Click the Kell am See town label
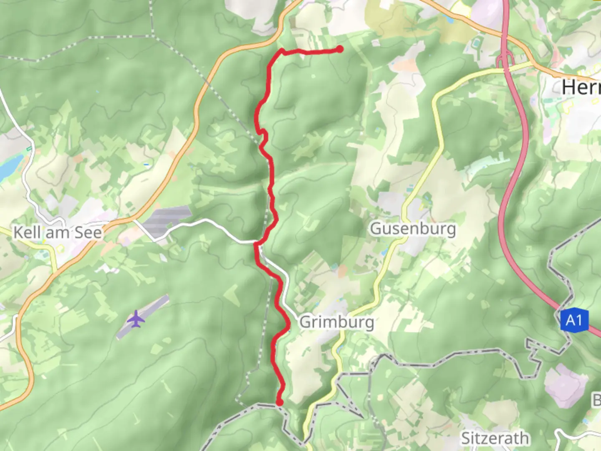point(58,232)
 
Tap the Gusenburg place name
point(413,229)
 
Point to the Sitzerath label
point(495,438)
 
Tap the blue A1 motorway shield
point(574,320)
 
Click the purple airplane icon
point(136,319)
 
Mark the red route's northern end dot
point(340,49)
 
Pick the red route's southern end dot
point(279,402)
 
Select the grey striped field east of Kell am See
point(165,221)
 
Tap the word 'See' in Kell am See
point(88,232)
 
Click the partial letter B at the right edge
point(596,400)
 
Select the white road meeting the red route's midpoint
point(217,225)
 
